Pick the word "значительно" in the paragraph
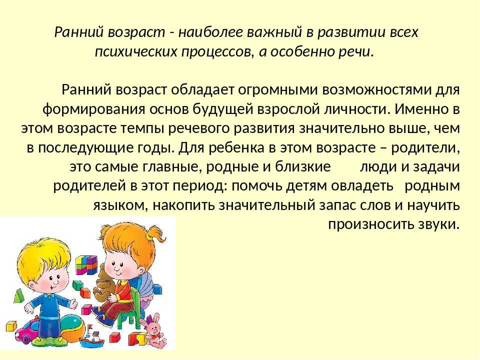click(x=341, y=128)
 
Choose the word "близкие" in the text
click(x=303, y=167)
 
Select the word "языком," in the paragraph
click(x=120, y=205)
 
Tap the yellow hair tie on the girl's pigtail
click(x=149, y=236)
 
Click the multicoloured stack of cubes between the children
click(x=86, y=265)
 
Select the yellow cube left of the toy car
click(x=11, y=326)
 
